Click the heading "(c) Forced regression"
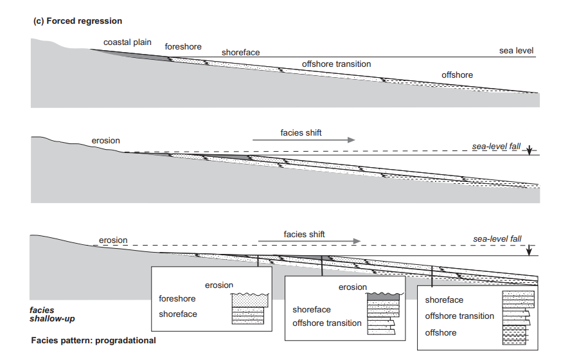77,21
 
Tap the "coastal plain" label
129,42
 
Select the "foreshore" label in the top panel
183,47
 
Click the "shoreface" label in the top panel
241,52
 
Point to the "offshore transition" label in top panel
336,64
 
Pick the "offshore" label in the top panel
457,75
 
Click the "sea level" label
516,51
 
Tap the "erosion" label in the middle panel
105,141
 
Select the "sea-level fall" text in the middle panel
496,146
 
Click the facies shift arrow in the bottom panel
309,241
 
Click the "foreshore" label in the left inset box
177,299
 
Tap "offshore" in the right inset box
441,332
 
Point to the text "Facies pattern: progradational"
94,340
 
